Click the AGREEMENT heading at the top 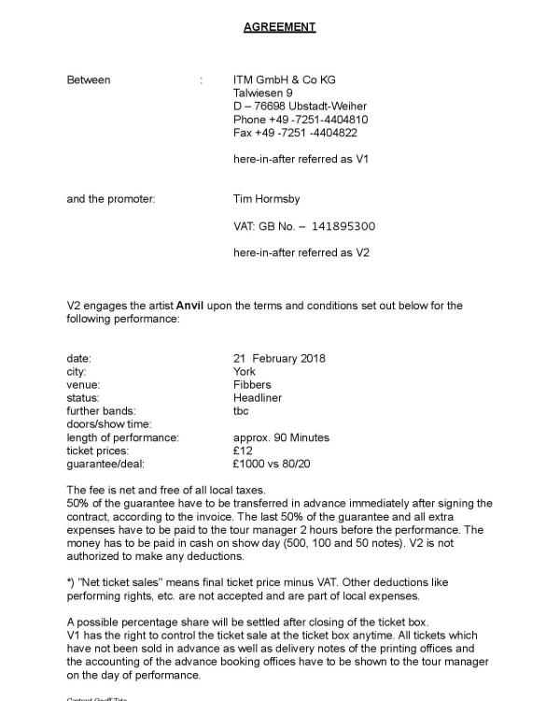[279, 27]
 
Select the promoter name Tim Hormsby [266, 199]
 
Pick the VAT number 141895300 [344, 226]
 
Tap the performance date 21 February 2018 [279, 359]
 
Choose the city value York [245, 372]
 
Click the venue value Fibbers [251, 385]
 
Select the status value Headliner [258, 398]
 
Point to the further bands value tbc [242, 411]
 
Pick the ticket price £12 [243, 451]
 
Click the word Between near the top [89, 79]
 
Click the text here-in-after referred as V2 [301, 252]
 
